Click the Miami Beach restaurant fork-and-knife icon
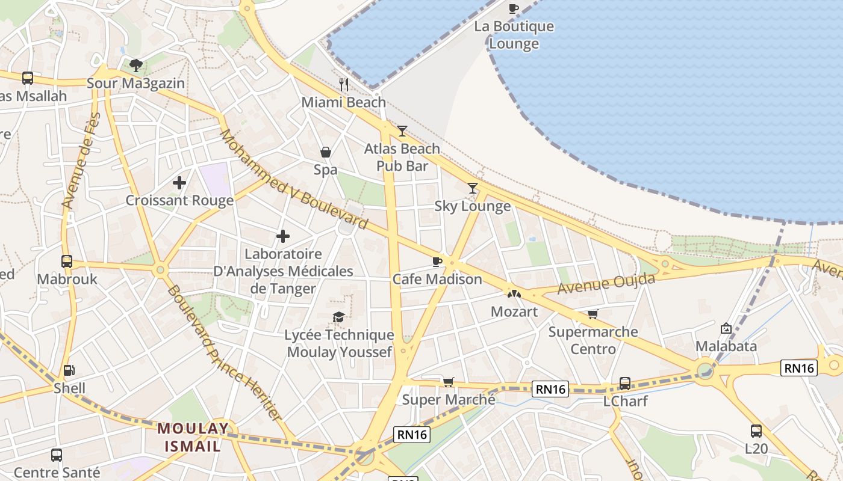tap(344, 84)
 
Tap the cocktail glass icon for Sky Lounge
tap(473, 188)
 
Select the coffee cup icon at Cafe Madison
tap(437, 262)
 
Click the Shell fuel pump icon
tap(69, 370)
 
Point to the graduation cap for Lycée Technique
tap(339, 317)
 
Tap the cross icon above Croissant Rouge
tap(179, 182)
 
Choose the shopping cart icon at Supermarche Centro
tap(593, 314)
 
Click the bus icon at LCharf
tap(625, 383)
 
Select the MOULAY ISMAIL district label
tap(194, 437)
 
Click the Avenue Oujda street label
tap(606, 284)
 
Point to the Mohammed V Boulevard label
tap(293, 179)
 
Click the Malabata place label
tap(726, 346)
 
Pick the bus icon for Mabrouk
tap(67, 262)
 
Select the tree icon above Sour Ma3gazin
tap(136, 65)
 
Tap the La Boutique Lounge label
tap(514, 35)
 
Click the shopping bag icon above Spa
tap(326, 152)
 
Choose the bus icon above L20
tap(756, 430)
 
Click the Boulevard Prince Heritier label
tap(224, 353)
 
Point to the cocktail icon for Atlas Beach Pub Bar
tap(402, 130)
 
